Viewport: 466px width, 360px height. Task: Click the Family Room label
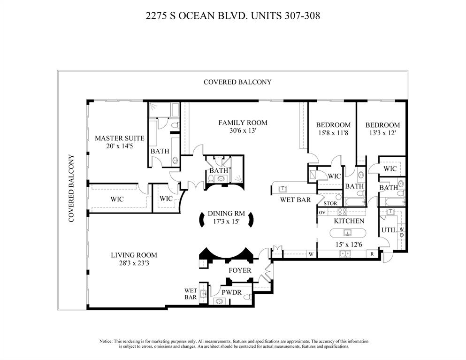point(243,123)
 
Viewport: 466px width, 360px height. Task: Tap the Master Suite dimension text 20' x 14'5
point(119,146)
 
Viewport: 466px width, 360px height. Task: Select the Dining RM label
point(226,213)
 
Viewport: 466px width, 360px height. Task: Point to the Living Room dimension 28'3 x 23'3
point(134,263)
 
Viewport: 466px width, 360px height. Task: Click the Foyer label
point(240,270)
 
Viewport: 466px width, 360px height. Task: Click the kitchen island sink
point(347,232)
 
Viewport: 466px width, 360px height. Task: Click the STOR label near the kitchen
point(330,203)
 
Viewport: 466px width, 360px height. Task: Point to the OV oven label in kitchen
point(322,212)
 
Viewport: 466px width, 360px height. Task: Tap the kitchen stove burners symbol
point(342,212)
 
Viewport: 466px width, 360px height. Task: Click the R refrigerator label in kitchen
point(372,254)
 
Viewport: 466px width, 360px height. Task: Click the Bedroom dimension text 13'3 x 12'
point(382,133)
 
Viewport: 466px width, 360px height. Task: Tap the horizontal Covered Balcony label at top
point(237,82)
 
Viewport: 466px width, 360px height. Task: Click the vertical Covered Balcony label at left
point(72,188)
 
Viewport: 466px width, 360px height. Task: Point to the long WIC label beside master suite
point(117,199)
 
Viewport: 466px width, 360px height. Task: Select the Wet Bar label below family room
point(296,199)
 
